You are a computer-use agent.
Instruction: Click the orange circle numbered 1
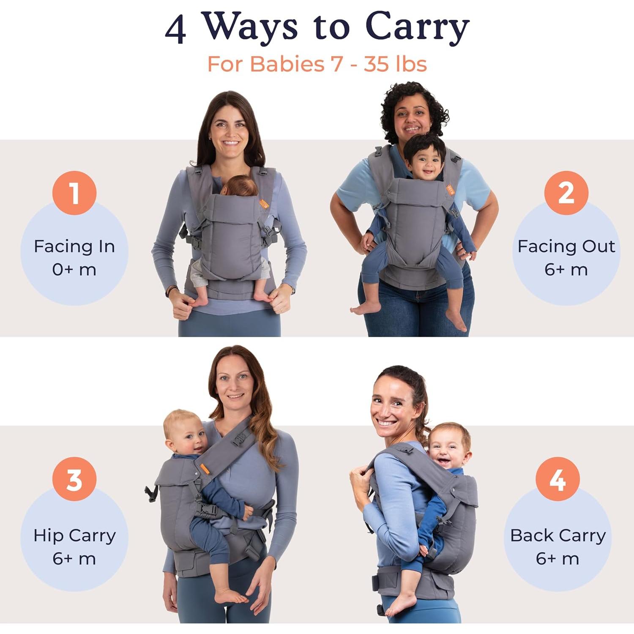74,193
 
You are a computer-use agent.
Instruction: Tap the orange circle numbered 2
566,193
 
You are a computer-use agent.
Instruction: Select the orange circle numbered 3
74,479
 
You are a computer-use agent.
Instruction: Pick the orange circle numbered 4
557,479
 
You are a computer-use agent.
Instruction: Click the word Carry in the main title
417,27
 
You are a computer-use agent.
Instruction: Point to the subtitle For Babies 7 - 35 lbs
317,64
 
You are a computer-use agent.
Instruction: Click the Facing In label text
74,246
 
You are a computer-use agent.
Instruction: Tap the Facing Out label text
566,246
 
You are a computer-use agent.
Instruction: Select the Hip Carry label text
74,536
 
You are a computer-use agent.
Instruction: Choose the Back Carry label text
557,536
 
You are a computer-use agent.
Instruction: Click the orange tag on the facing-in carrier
264,205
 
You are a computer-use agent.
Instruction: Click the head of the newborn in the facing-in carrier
240,186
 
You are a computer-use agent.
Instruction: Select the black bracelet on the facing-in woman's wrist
169,291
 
